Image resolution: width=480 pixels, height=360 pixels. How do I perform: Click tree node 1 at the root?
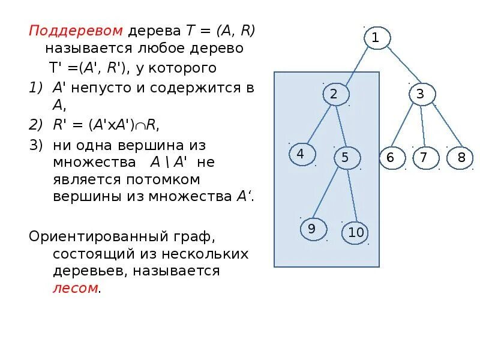[376, 38]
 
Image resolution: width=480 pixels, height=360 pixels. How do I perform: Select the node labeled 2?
[334, 94]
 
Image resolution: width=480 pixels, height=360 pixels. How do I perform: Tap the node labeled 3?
[421, 94]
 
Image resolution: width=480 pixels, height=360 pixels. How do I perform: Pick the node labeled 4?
[301, 154]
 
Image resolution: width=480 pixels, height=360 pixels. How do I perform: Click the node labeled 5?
[345, 158]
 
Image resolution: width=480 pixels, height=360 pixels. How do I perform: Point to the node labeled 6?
[391, 158]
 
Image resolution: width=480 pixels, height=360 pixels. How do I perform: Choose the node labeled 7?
[424, 158]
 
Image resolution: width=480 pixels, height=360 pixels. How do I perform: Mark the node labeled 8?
[461, 158]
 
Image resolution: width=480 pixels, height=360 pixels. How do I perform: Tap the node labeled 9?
[312, 229]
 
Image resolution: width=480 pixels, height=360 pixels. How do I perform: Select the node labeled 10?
[356, 233]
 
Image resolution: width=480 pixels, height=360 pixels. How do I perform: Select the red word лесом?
[75, 288]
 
